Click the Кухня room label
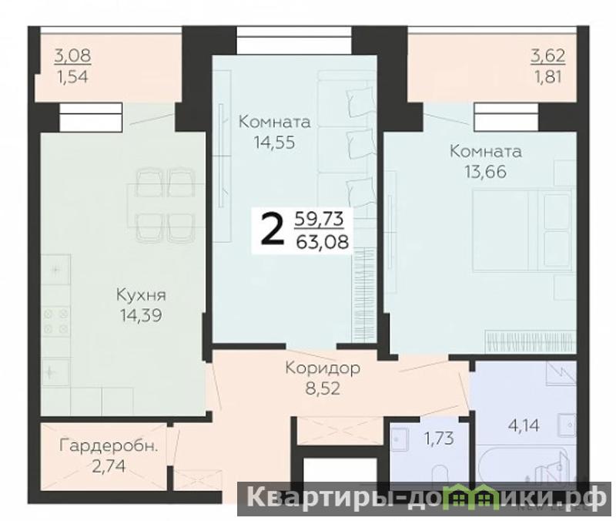[x=141, y=295]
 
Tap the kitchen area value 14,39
[x=141, y=315]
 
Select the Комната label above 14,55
[x=274, y=122]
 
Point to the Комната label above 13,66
[x=486, y=151]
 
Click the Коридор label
[x=323, y=368]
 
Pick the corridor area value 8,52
[x=323, y=389]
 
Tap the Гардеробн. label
[x=109, y=447]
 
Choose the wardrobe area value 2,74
[x=109, y=467]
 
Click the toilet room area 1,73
[x=439, y=438]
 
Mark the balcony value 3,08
[x=72, y=55]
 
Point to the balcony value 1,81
[x=547, y=77]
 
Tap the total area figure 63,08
[x=322, y=242]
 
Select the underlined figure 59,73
[x=319, y=219]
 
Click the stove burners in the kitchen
[x=56, y=321]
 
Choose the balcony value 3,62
[x=548, y=55]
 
